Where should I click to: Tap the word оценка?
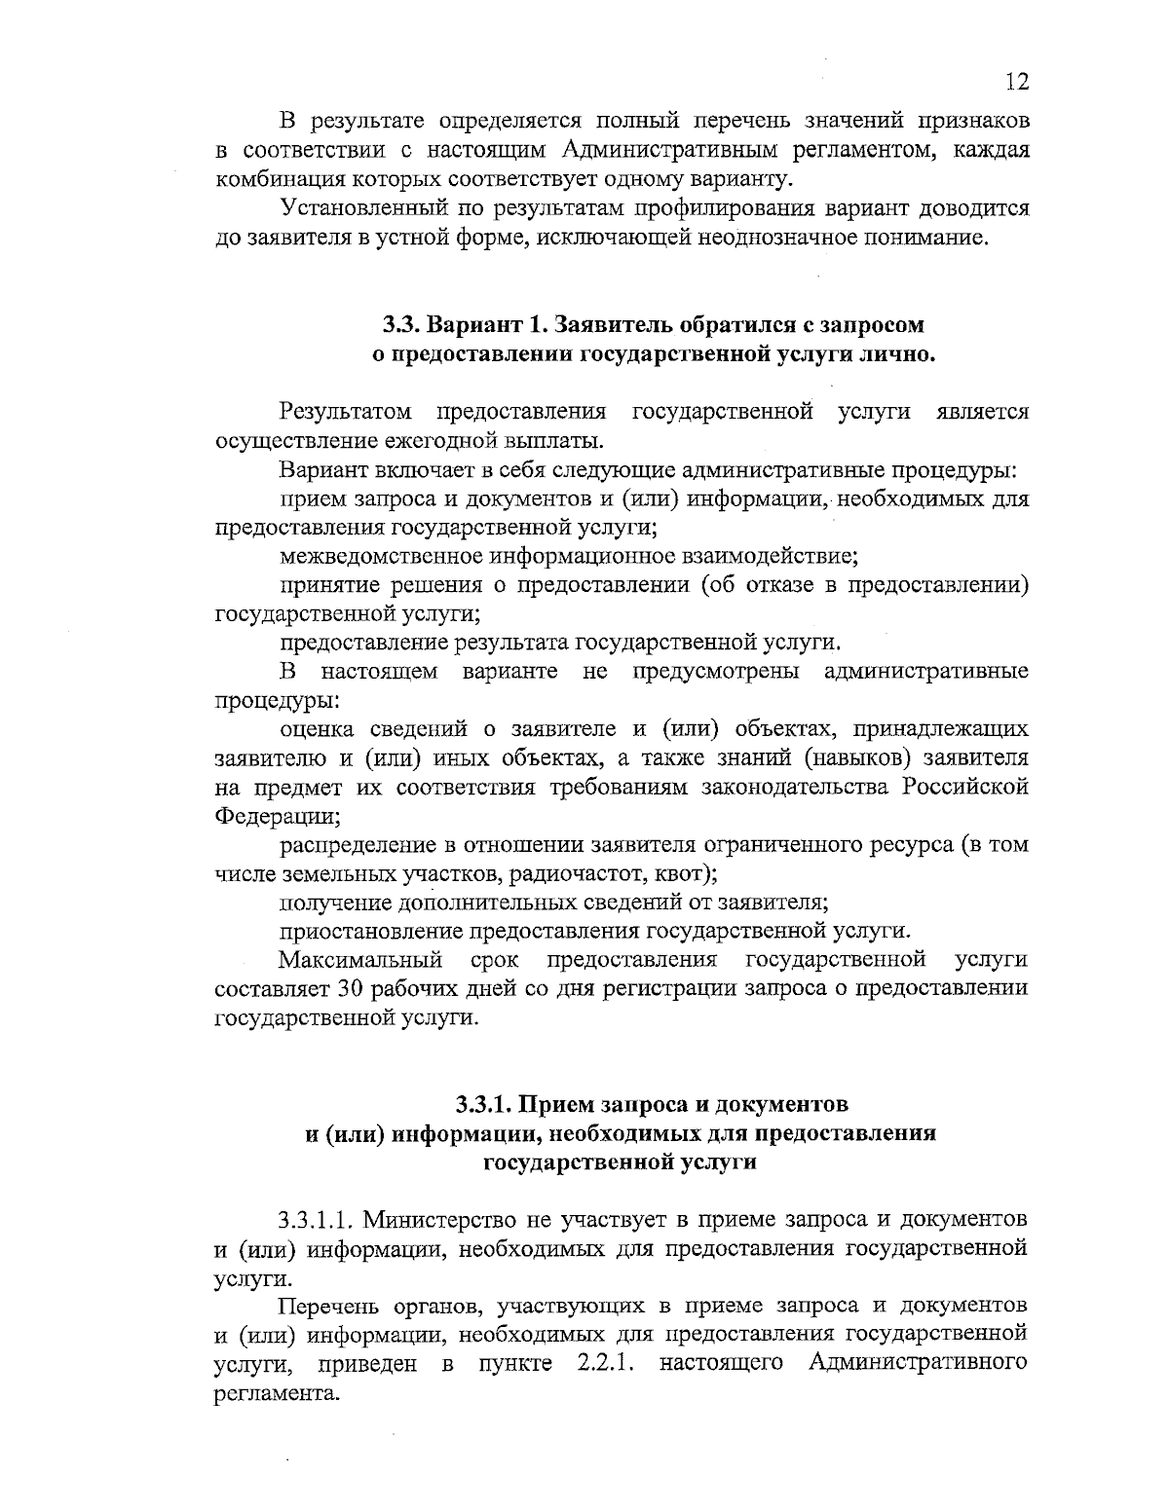click(x=313, y=728)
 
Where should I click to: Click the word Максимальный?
click(x=360, y=960)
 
